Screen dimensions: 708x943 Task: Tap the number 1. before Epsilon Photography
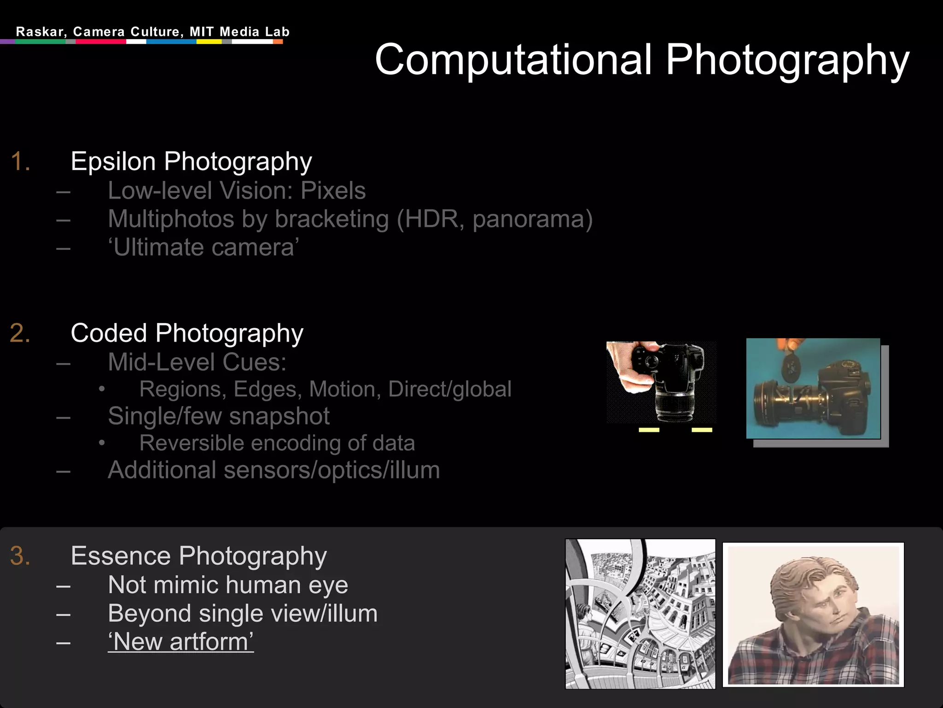(x=20, y=162)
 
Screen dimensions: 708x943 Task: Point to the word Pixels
(x=333, y=191)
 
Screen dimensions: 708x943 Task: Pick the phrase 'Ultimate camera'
(x=204, y=248)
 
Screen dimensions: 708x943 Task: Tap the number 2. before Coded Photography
(x=20, y=333)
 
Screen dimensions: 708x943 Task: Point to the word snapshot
(x=279, y=416)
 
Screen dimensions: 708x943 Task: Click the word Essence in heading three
(x=121, y=556)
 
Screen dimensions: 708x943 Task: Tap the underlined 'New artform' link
(x=180, y=642)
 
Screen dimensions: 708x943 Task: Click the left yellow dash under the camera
(x=649, y=430)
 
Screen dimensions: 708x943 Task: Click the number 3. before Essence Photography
(x=20, y=556)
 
